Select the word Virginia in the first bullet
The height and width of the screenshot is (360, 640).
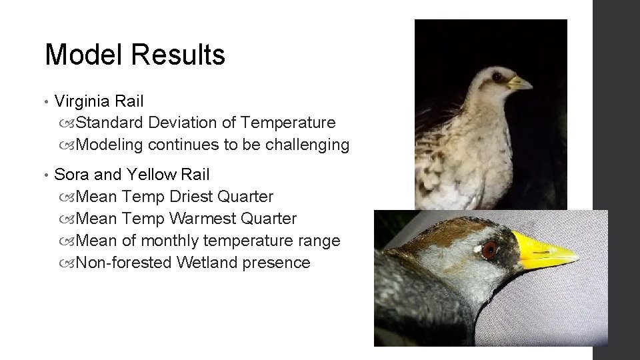point(83,101)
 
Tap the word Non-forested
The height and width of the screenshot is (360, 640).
point(125,263)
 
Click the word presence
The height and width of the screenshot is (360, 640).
point(277,263)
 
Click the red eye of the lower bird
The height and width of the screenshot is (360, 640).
point(490,251)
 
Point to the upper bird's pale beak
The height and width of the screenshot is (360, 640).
point(519,84)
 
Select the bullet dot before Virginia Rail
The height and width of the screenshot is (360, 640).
point(45,102)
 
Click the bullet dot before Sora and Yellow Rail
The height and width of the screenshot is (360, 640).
point(45,175)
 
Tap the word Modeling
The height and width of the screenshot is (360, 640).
point(110,145)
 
